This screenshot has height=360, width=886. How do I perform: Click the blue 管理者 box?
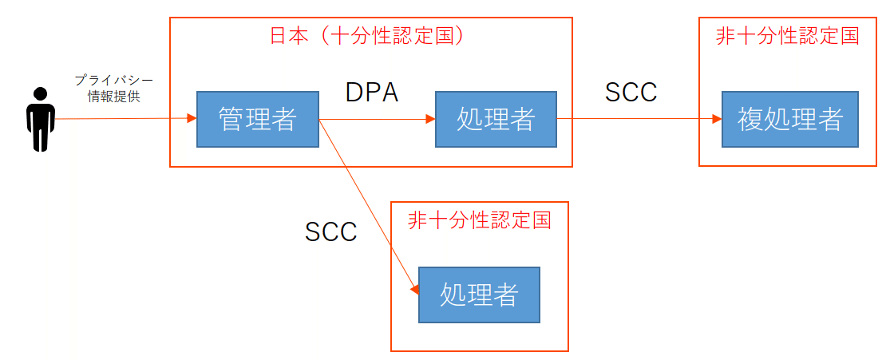pyautogui.click(x=257, y=120)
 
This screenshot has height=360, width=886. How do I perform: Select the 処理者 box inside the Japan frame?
pyautogui.click(x=496, y=120)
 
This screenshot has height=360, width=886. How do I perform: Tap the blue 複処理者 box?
pyautogui.click(x=789, y=120)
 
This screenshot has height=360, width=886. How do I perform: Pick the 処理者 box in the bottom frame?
pyautogui.click(x=479, y=295)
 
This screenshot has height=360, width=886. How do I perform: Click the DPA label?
pyautogui.click(x=371, y=93)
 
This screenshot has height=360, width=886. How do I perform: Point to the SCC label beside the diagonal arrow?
pyautogui.click(x=330, y=231)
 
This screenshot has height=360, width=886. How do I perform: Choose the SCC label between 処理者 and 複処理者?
pyautogui.click(x=631, y=93)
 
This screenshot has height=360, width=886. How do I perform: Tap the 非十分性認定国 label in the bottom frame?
pyautogui.click(x=479, y=220)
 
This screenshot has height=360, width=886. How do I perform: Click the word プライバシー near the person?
pyautogui.click(x=113, y=81)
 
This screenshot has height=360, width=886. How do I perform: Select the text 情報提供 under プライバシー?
pyautogui.click(x=113, y=97)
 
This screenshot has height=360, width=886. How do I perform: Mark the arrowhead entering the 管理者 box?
pyautogui.click(x=191, y=119)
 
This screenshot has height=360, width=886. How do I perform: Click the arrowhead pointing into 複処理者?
pyautogui.click(x=716, y=119)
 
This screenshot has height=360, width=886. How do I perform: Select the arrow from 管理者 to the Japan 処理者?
pyautogui.click(x=375, y=119)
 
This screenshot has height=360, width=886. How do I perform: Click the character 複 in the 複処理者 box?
pyautogui.click(x=748, y=120)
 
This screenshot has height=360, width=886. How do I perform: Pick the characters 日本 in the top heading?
pyautogui.click(x=286, y=36)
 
